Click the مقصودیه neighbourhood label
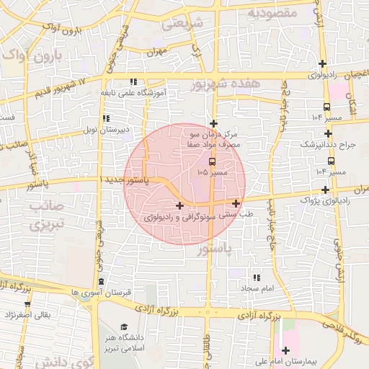272,12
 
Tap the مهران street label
156,53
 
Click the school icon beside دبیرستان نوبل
106,118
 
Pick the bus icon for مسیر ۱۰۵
212,161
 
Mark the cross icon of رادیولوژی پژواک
326,190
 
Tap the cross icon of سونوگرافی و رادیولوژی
179,206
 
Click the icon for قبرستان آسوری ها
100,281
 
